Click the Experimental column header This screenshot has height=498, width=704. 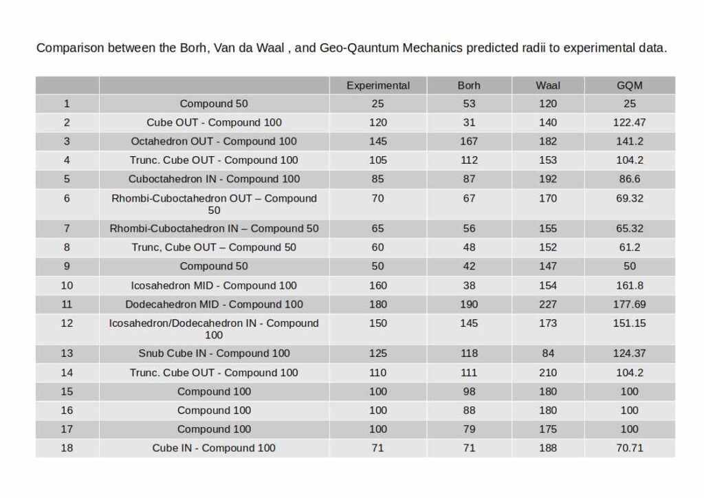tap(378, 85)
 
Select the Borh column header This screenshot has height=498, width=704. tap(469, 85)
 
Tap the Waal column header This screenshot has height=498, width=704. tap(548, 85)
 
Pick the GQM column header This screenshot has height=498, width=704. tap(630, 85)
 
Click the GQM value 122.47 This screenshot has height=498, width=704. tap(630, 122)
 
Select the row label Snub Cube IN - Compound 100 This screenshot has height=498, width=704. tap(214, 354)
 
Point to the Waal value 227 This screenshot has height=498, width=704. tap(548, 304)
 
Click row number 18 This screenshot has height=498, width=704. tap(67, 448)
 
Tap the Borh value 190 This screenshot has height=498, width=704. tap(469, 304)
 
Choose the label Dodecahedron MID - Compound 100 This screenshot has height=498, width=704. tap(214, 304)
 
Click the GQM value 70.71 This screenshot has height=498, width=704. tap(630, 448)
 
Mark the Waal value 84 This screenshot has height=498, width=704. tap(548, 354)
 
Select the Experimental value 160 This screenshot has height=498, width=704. tap(378, 285)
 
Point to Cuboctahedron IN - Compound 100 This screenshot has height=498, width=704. tap(214, 179)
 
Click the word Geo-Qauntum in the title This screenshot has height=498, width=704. tap(356, 49)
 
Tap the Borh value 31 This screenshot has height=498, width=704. tap(469, 122)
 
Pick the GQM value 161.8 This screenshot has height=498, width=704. tap(630, 285)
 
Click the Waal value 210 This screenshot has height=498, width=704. tap(548, 373)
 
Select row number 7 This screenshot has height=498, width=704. tap(67, 228)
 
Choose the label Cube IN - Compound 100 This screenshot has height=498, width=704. tap(214, 448)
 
